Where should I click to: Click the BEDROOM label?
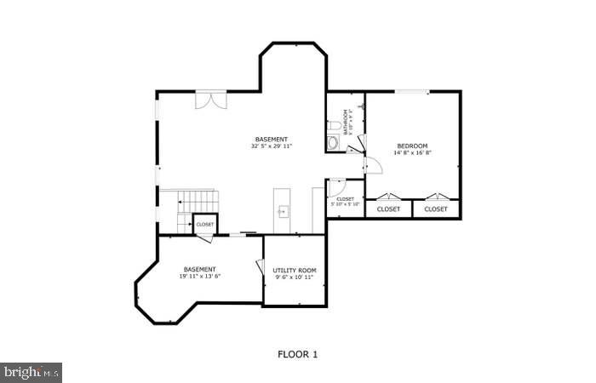pyautogui.click(x=412, y=146)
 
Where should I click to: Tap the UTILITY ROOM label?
pyautogui.click(x=295, y=271)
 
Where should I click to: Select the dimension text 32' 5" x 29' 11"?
pyautogui.click(x=272, y=146)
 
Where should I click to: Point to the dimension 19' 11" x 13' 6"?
pyautogui.click(x=199, y=277)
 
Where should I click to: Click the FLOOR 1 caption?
pyautogui.click(x=297, y=354)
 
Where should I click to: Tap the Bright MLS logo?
pyautogui.click(x=32, y=372)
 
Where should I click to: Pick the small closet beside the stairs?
pyautogui.click(x=205, y=225)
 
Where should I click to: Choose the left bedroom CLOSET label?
pyautogui.click(x=389, y=209)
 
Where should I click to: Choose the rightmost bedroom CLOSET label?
pyautogui.click(x=436, y=209)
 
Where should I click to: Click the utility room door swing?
pyautogui.click(x=259, y=266)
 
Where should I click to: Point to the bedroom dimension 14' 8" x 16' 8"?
pyautogui.click(x=412, y=153)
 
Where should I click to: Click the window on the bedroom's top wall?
pyautogui.click(x=411, y=91)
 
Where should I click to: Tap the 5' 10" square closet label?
pyautogui.click(x=346, y=202)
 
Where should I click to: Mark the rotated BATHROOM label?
pyautogui.click(x=347, y=121)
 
